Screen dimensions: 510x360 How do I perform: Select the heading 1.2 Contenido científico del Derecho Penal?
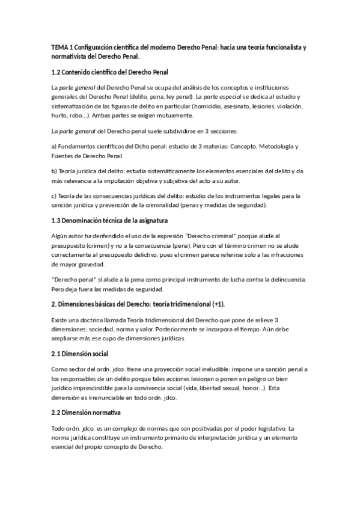click(109, 72)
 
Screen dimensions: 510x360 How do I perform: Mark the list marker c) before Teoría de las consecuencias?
click(54, 196)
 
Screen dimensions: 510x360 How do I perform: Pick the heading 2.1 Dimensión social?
click(80, 353)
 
